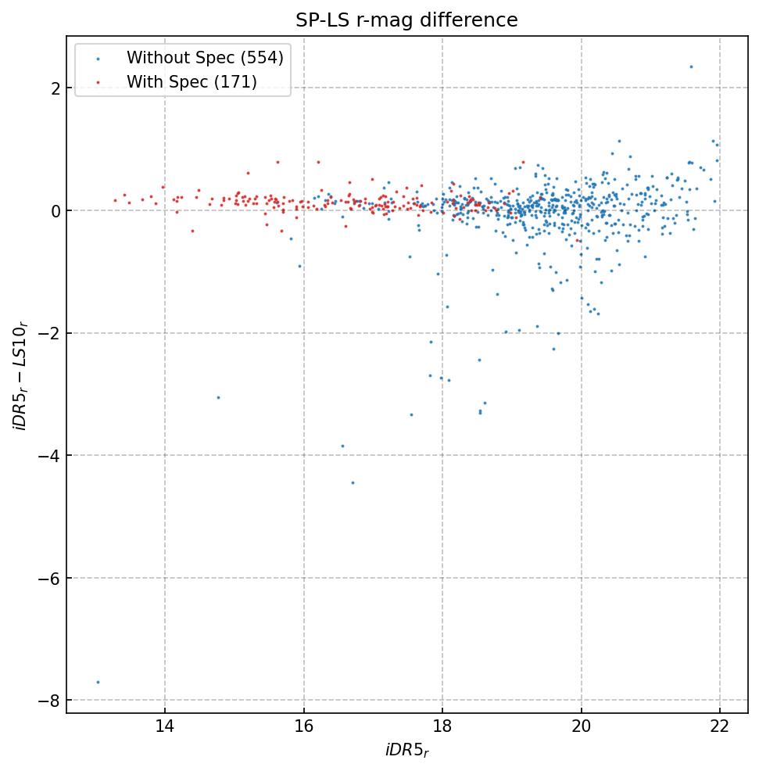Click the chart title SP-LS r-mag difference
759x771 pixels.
tap(406, 20)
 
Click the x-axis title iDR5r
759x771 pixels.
tap(406, 751)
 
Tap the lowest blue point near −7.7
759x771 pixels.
tap(98, 682)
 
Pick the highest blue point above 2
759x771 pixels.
tap(691, 66)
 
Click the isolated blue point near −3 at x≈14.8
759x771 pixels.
tap(218, 397)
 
